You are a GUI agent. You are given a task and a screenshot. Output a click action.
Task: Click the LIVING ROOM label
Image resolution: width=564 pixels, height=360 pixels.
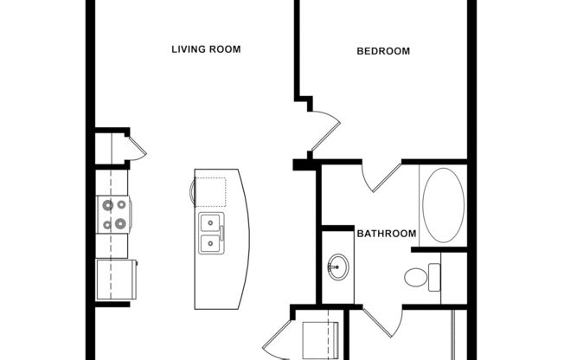point(205,49)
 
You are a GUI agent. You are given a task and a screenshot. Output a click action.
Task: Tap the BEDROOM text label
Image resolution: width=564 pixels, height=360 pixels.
point(383,51)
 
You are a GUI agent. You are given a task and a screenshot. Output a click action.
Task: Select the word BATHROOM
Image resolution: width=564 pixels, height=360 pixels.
point(387,234)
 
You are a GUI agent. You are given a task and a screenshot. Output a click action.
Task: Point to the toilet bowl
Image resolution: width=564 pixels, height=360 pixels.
point(415,278)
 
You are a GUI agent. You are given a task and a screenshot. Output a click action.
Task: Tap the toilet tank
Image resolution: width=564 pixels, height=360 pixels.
point(433,278)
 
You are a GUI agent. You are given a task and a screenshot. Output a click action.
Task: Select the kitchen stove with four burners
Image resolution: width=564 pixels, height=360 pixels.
point(113,215)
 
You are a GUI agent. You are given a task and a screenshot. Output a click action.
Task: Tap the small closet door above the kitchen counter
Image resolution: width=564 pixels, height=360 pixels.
point(137,148)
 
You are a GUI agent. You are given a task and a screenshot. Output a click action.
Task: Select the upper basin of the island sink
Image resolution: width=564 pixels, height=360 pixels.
point(210,222)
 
